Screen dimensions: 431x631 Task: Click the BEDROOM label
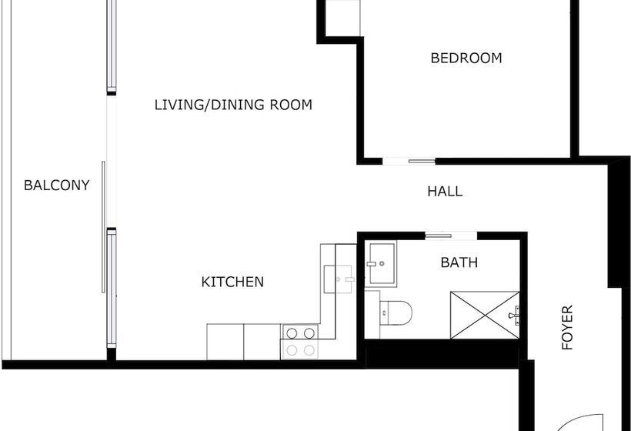pyautogui.click(x=466, y=58)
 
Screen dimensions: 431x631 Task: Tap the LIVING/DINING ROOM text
pyautogui.click(x=233, y=105)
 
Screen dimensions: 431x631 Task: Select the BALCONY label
pyautogui.click(x=56, y=185)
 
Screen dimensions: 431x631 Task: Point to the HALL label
pyautogui.click(x=445, y=192)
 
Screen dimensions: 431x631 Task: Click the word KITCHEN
pyautogui.click(x=232, y=282)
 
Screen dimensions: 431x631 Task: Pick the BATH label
pyautogui.click(x=459, y=262)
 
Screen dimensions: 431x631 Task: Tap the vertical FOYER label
pyautogui.click(x=568, y=328)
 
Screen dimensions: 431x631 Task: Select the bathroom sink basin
pyautogui.click(x=381, y=264)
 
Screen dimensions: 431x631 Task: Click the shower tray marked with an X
pyautogui.click(x=484, y=314)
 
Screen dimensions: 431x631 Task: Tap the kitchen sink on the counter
pyautogui.click(x=339, y=279)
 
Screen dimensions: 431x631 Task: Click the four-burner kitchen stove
pyautogui.click(x=300, y=341)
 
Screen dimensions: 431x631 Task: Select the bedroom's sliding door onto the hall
pyautogui.click(x=409, y=161)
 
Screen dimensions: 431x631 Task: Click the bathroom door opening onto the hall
pyautogui.click(x=449, y=234)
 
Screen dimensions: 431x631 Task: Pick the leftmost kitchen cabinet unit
pyautogui.click(x=225, y=342)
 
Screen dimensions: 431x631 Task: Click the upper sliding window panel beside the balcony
pyautogui.click(x=112, y=46)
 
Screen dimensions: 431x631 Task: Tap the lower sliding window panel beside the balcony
pyautogui.click(x=112, y=289)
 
